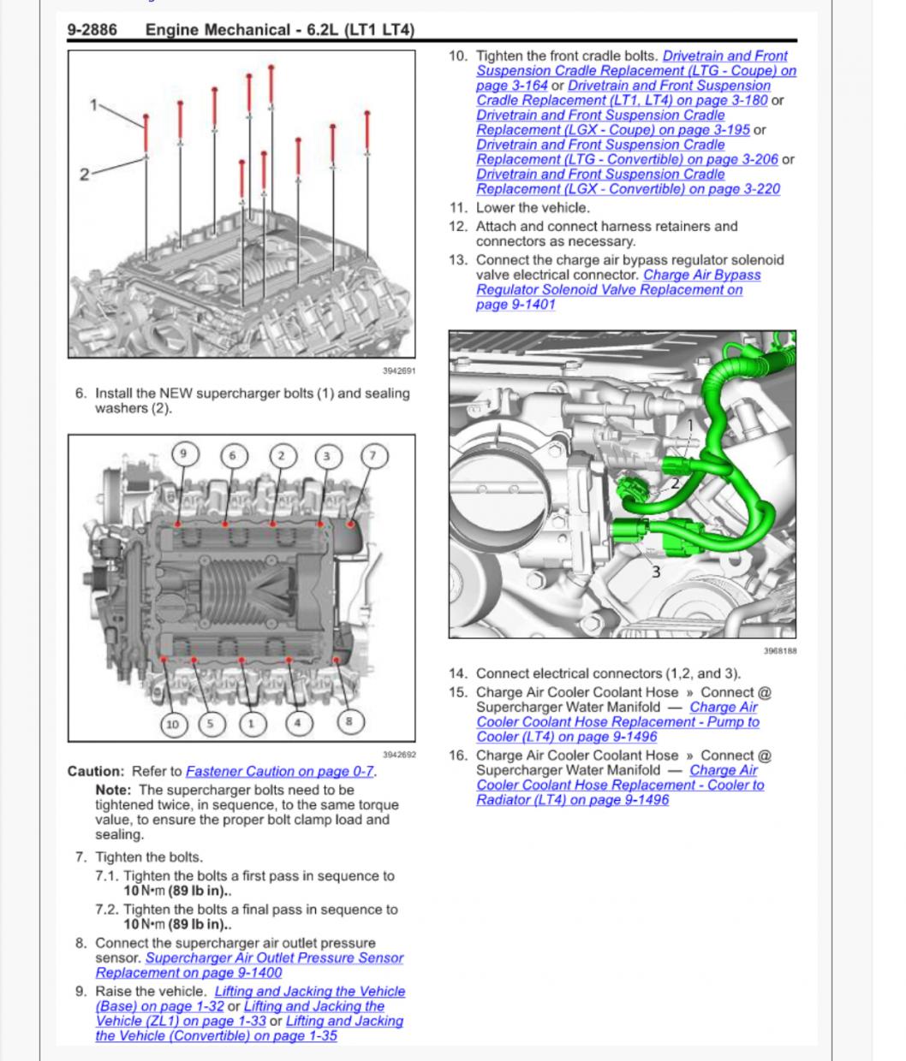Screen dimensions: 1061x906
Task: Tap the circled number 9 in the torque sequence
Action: [183, 455]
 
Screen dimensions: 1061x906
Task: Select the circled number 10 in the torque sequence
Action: [174, 724]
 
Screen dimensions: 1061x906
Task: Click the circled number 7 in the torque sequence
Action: [372, 455]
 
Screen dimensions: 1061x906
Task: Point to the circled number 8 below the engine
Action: [349, 721]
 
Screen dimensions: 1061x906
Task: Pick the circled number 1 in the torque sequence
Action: [251, 724]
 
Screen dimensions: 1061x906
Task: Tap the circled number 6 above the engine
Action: [231, 455]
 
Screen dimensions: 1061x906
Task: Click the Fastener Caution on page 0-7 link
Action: [279, 771]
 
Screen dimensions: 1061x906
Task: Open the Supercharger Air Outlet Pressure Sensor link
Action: [274, 958]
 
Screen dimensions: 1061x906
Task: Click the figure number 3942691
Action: [398, 370]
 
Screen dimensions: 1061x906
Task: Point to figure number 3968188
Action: [779, 651]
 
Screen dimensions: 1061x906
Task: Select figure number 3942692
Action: [398, 755]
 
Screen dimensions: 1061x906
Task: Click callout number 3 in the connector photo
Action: [656, 572]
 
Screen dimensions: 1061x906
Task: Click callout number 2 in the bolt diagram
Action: [84, 175]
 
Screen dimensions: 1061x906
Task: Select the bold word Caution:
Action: [95, 771]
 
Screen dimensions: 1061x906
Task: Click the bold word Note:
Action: [113, 790]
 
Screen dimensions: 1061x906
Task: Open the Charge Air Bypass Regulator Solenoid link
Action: [701, 275]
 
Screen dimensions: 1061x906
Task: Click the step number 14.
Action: [458, 673]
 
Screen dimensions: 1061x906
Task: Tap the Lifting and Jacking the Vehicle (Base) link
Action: [309, 991]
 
